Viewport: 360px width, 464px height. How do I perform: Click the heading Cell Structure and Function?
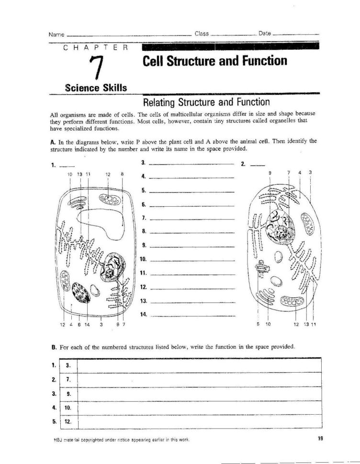tap(215, 61)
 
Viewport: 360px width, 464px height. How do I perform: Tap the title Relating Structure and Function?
tap(207, 102)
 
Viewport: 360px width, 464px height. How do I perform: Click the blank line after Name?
tap(129, 35)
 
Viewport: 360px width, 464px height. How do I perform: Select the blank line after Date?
tap(295, 34)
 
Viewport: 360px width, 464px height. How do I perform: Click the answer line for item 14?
tap(192, 315)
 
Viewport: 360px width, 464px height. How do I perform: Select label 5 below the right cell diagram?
tap(258, 324)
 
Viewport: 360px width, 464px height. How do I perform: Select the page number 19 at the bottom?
tap(320, 438)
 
